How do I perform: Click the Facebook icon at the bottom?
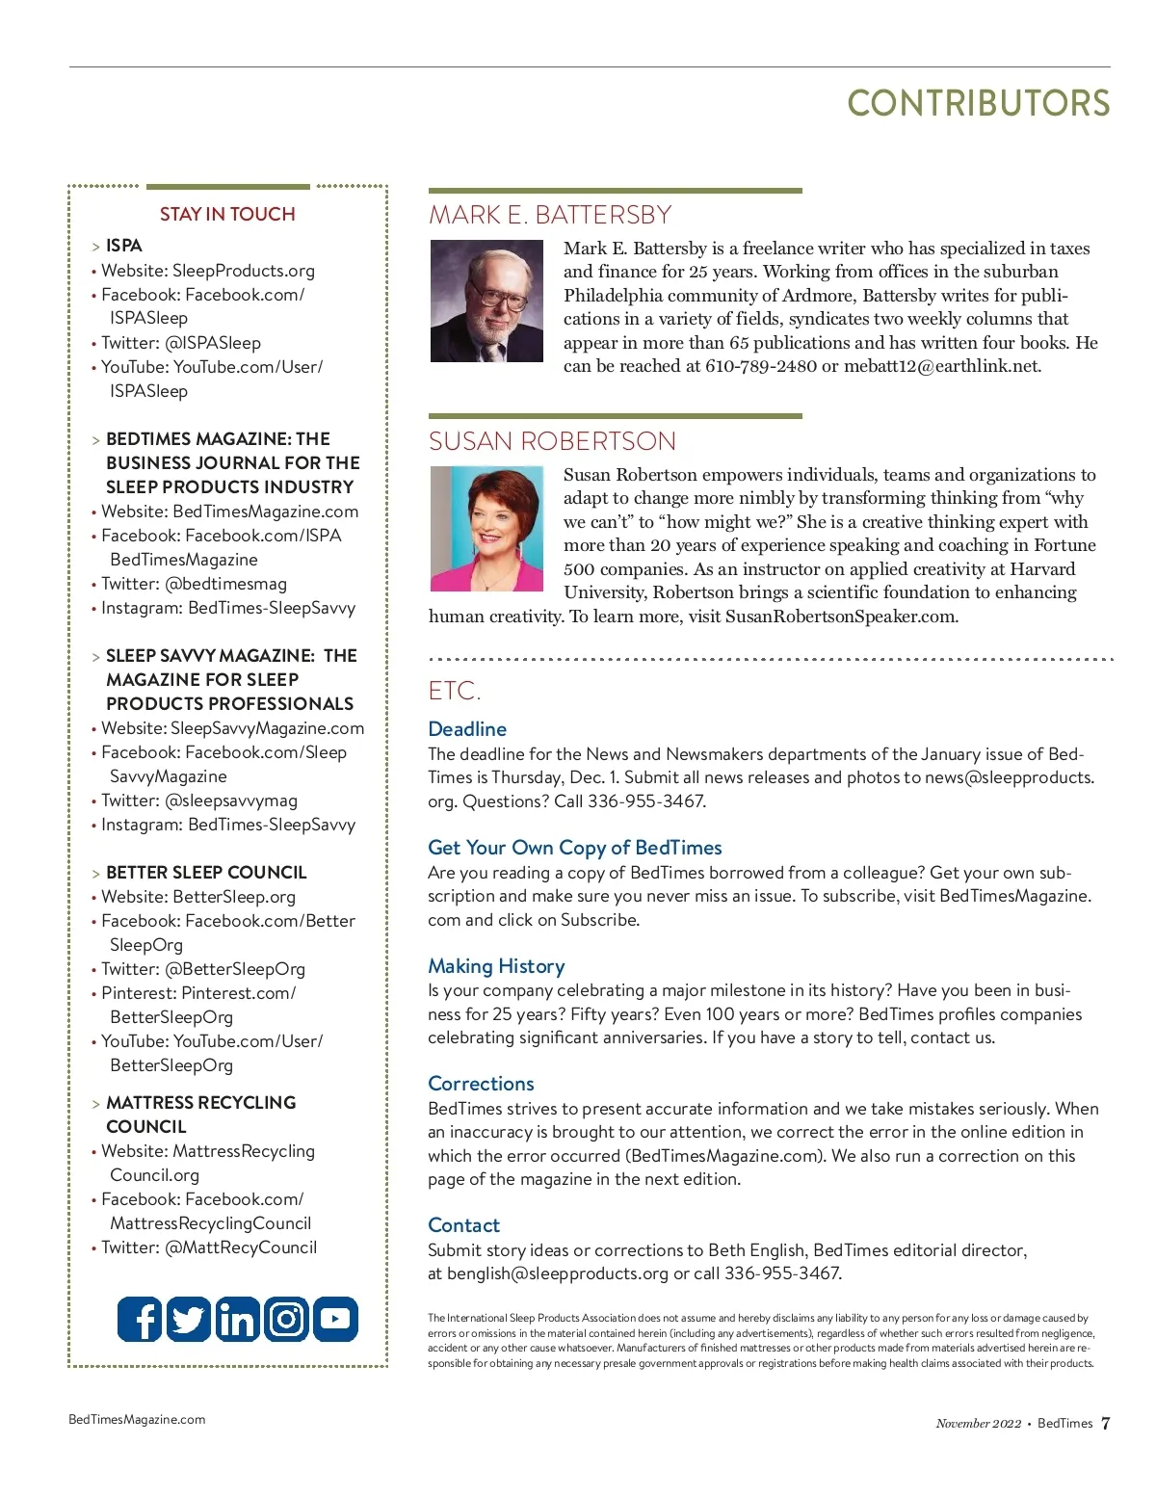tap(140, 1319)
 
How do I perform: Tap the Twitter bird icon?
tap(189, 1319)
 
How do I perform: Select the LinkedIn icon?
tap(237, 1319)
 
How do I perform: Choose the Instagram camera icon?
tap(286, 1319)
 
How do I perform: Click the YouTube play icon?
tap(335, 1319)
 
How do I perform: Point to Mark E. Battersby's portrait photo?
tap(486, 302)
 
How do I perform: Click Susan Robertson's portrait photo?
tap(486, 529)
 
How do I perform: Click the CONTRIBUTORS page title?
tap(978, 104)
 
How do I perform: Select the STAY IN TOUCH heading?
tap(227, 214)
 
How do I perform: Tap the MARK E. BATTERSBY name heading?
tap(550, 215)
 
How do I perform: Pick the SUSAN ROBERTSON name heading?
tap(552, 441)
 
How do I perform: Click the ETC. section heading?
tap(454, 691)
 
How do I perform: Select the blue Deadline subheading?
tap(467, 729)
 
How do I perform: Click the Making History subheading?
tap(496, 966)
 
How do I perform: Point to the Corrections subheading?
tap(481, 1084)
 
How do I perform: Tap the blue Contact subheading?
tap(463, 1225)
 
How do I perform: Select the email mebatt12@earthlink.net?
tap(941, 366)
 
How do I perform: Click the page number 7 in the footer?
tap(1105, 1423)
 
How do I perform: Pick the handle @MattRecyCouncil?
tap(241, 1247)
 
